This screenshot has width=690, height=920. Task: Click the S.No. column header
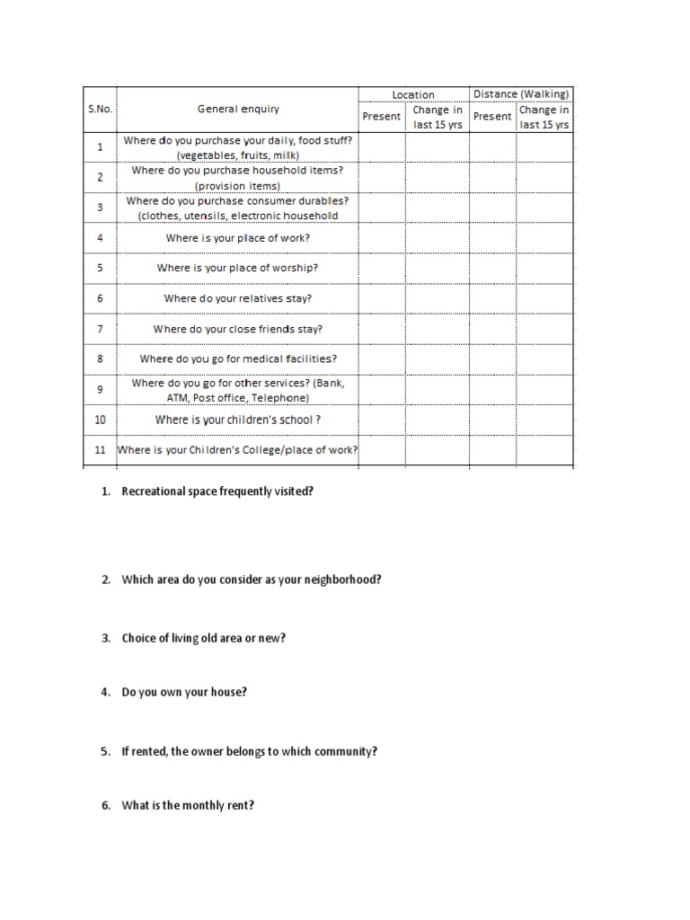click(x=98, y=109)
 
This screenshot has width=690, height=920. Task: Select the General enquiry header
click(x=238, y=109)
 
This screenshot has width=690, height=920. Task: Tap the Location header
click(x=413, y=94)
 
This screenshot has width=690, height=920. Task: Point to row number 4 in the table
click(x=100, y=238)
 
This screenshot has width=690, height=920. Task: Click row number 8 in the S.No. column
click(x=100, y=358)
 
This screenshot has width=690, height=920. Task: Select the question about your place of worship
click(x=237, y=268)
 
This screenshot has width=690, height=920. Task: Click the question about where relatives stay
click(x=238, y=298)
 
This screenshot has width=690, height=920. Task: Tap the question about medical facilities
click(x=238, y=358)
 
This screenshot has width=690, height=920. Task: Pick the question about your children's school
click(x=238, y=420)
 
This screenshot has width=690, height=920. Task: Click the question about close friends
click(x=238, y=329)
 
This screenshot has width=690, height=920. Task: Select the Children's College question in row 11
click(x=238, y=450)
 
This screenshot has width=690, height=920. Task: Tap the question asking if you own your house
click(x=184, y=692)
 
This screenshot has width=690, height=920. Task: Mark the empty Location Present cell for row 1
click(x=382, y=147)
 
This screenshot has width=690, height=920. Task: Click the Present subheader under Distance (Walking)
click(x=492, y=116)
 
